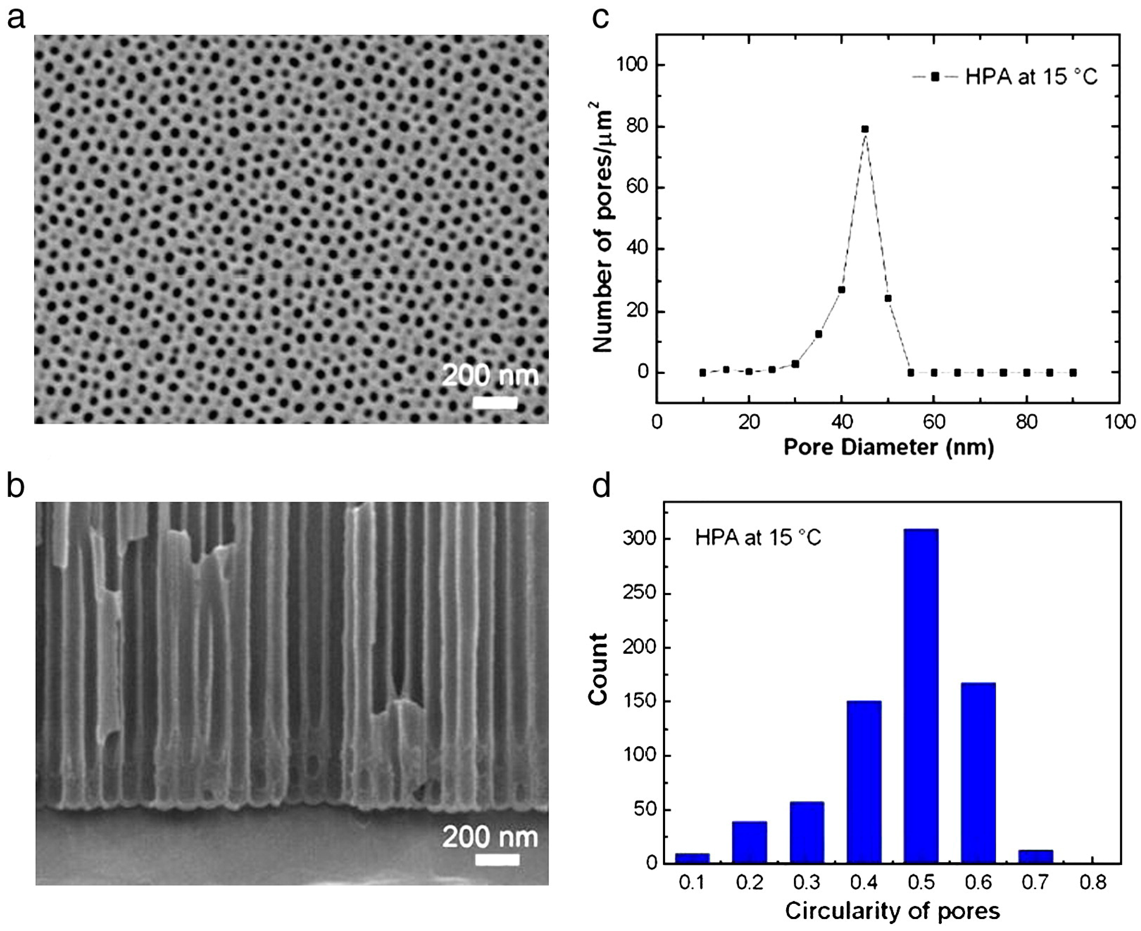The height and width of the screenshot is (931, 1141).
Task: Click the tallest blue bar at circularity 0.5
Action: coord(921,697)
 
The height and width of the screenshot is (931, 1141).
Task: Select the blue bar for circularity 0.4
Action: coord(864,783)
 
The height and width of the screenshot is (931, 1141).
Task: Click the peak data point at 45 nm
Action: coord(865,129)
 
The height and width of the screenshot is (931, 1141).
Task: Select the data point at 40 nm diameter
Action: coord(841,290)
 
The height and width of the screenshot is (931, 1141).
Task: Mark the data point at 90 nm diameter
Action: coord(1073,373)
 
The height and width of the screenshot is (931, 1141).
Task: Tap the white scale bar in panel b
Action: coord(497,860)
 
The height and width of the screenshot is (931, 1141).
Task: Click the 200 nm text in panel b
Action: coord(489,837)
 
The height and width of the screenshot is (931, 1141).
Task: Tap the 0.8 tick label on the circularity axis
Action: coord(1092,882)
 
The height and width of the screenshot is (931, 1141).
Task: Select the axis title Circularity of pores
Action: coord(892,911)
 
